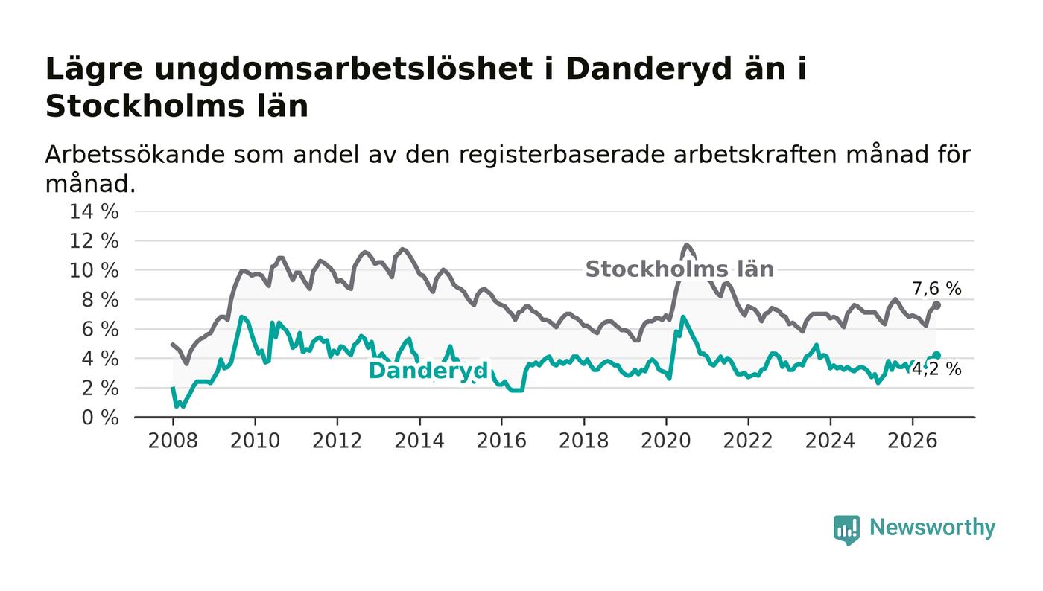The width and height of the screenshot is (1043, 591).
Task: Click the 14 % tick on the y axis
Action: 94,211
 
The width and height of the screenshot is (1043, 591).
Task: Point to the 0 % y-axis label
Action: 100,418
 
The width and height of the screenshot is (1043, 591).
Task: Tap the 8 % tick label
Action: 100,300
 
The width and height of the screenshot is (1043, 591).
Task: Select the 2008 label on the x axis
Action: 173,441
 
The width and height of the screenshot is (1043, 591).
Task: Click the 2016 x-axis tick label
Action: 501,441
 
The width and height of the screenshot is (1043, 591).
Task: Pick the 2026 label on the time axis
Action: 912,441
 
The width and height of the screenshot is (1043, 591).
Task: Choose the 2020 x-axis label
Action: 666,441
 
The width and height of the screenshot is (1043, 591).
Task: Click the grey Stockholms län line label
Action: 679,269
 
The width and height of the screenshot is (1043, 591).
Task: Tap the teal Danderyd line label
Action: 428,371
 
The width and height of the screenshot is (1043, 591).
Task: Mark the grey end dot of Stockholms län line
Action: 937,305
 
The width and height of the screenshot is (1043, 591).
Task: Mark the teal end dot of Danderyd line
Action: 937,356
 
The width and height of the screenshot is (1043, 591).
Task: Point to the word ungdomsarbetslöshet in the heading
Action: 343,70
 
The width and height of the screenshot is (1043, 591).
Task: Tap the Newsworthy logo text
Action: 932,528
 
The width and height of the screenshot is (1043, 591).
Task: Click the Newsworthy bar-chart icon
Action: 846,530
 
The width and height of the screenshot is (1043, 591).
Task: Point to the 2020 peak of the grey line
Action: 686,245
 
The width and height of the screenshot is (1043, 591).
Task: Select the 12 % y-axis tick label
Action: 94,241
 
